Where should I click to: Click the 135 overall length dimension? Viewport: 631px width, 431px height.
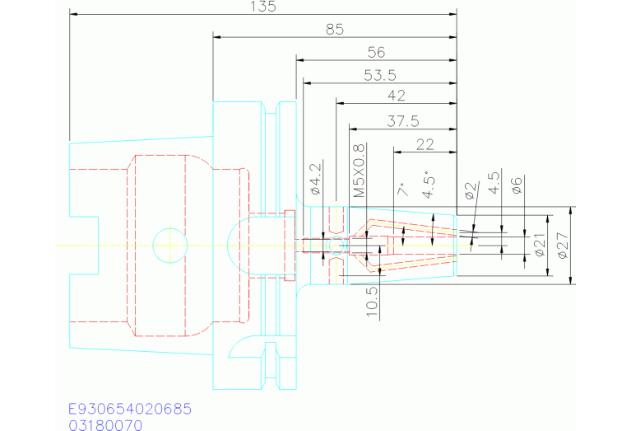tap(263, 7)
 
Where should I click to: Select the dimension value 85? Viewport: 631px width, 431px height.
tap(335, 30)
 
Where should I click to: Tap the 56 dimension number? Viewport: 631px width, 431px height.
tap(376, 53)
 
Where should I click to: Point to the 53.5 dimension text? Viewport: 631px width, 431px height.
tap(380, 75)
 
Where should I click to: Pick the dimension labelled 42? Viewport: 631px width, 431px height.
tap(397, 96)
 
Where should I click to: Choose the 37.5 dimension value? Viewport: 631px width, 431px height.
tap(403, 121)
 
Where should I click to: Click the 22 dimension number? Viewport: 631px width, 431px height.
tap(425, 145)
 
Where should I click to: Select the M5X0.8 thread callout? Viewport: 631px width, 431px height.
tap(359, 171)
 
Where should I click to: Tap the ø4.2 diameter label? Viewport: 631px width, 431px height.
tap(316, 179)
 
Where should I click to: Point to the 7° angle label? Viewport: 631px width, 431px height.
tap(403, 189)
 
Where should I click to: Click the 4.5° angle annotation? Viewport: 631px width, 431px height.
tap(429, 187)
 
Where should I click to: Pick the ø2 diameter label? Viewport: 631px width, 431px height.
tap(471, 190)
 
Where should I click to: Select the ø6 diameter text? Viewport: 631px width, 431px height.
tap(517, 185)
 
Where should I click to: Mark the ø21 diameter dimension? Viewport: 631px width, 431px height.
tap(539, 245)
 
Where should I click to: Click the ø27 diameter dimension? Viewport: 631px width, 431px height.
tap(563, 246)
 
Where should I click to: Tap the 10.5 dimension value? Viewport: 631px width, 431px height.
tap(372, 302)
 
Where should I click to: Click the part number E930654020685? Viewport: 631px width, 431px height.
tap(130, 409)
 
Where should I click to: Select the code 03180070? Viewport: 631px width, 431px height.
tap(105, 425)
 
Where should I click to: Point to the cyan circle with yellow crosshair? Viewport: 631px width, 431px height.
tap(170, 245)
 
